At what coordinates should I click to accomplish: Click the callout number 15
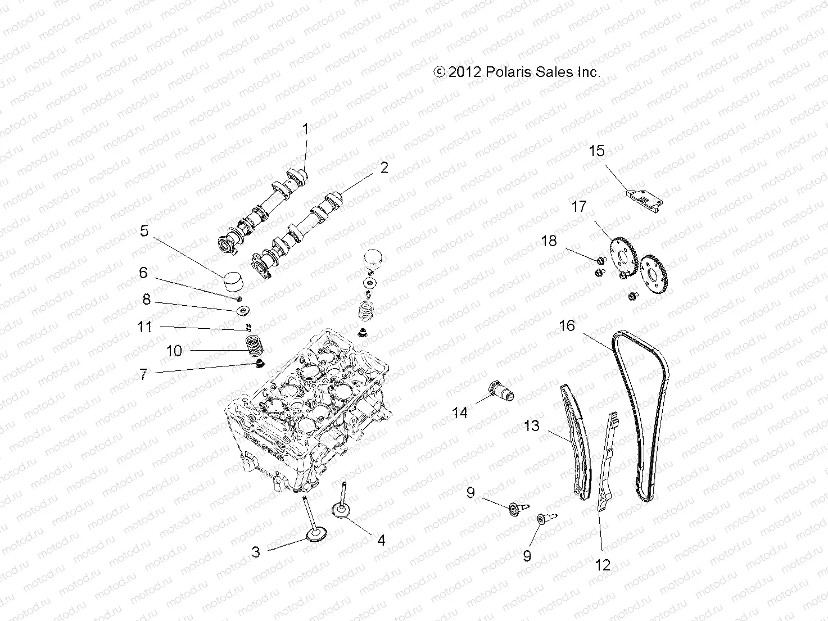[596, 151]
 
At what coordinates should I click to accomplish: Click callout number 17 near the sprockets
[578, 207]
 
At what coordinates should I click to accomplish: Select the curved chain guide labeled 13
[576, 444]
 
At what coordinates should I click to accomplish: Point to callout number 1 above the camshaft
[305, 130]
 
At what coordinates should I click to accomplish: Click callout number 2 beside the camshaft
[384, 167]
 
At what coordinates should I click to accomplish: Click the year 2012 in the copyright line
[465, 72]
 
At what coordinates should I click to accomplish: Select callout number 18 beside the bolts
[549, 241]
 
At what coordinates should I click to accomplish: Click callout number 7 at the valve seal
[144, 374]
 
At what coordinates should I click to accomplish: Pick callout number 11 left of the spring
[144, 327]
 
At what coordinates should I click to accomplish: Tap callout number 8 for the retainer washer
[146, 300]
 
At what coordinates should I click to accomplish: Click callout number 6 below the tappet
[143, 273]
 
